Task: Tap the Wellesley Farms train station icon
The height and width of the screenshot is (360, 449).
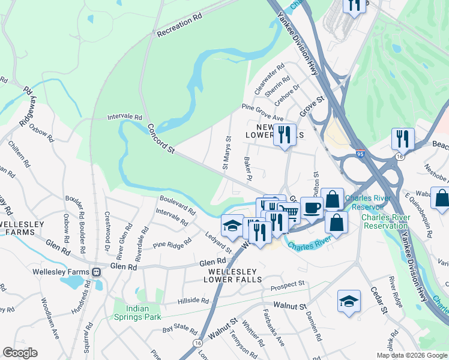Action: (96, 272)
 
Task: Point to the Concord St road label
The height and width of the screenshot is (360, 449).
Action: (160, 139)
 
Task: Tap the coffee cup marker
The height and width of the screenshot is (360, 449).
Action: (311, 208)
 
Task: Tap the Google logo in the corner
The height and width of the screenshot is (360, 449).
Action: (20, 353)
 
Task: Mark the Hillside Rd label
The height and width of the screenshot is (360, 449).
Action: (193, 301)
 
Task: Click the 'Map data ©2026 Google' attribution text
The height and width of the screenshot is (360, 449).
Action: (412, 355)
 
